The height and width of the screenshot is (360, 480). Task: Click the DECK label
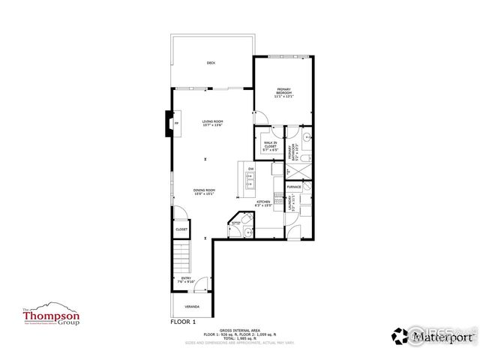tap(211, 63)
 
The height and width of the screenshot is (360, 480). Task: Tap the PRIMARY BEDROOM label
tap(283, 93)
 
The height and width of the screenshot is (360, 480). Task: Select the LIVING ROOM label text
tap(212, 124)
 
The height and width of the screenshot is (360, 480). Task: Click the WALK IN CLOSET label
tap(270, 145)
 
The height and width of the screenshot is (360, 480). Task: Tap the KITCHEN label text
tap(263, 204)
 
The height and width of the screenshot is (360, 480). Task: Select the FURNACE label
tap(294, 187)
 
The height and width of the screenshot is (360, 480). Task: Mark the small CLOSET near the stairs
tap(181, 229)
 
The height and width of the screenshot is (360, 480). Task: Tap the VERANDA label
tap(193, 306)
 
